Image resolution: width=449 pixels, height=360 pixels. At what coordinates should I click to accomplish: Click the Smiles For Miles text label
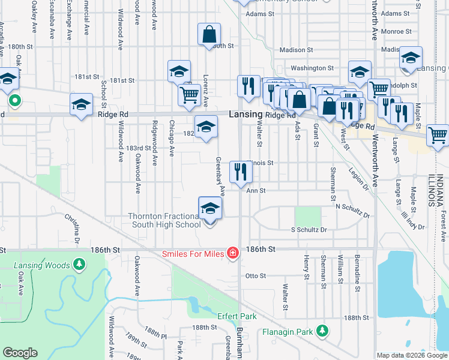pyautogui.click(x=193, y=254)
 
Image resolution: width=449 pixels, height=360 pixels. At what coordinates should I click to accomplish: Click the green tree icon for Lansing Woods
pyautogui.click(x=79, y=264)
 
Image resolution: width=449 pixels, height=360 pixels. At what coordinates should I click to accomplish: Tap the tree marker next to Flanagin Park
pyautogui.click(x=322, y=331)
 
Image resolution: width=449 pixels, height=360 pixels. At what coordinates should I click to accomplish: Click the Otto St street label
pyautogui.click(x=256, y=276)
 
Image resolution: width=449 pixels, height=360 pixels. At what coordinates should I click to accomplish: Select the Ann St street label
pyautogui.click(x=256, y=190)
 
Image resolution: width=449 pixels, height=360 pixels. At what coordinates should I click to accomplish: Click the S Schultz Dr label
pyautogui.click(x=309, y=230)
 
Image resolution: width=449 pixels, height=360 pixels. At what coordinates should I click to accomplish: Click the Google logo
pyautogui.click(x=20, y=353)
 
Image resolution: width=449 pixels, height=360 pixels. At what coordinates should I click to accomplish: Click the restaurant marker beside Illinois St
pyautogui.click(x=241, y=172)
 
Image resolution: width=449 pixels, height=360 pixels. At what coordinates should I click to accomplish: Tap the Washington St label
pyautogui.click(x=312, y=68)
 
